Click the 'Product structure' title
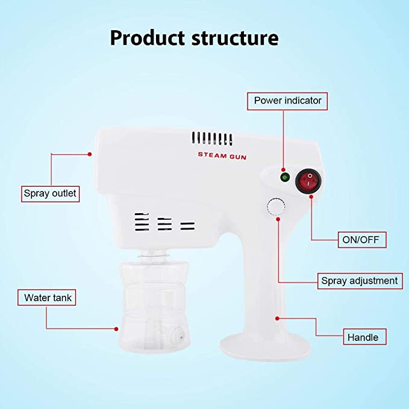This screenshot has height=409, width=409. tap(195, 38)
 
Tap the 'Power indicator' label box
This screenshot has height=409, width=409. tap(287, 101)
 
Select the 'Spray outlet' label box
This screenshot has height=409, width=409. tap(51, 194)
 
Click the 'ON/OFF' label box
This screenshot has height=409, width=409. tap(362, 240)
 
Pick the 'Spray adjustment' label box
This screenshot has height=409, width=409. tap(360, 281)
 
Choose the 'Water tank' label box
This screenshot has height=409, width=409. tap(47, 298)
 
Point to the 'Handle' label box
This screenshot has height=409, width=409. tap(364, 337)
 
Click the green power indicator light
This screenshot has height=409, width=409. tap(284, 177)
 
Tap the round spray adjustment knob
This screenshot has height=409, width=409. tap(276, 207)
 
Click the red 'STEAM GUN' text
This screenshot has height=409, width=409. tap(222, 156)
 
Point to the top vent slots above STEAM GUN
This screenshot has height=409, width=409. tap(212, 139)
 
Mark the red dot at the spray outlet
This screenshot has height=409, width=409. tap(90, 154)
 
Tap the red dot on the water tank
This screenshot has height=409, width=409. tap(116, 329)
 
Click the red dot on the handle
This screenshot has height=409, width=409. tap(277, 319)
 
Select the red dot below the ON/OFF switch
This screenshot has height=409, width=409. tap(311, 196)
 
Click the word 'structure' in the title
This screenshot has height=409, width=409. tap(235, 38)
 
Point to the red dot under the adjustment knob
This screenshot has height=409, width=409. tap(278, 219)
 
